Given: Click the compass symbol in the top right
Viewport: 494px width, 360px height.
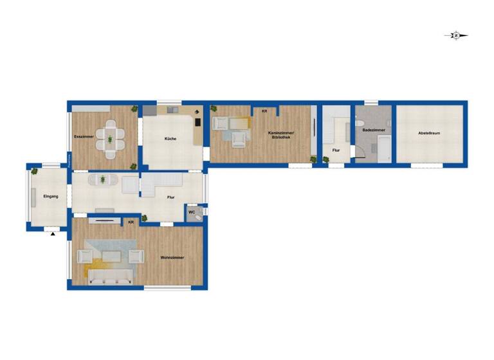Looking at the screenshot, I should point(455,36).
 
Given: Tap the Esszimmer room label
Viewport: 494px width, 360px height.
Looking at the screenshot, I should point(84,137).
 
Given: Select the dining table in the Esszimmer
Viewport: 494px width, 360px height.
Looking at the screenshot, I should point(111,139).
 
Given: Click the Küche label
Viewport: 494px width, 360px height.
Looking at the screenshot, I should point(170,139).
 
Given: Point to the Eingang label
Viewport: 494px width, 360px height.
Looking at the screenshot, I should point(51,196).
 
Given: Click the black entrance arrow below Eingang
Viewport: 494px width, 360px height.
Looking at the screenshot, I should point(53,235).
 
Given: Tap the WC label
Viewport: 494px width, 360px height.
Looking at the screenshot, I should point(192,212).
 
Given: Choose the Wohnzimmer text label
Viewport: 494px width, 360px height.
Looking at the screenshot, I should point(172,258).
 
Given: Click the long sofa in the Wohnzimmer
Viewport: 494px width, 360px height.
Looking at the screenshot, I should point(111,276).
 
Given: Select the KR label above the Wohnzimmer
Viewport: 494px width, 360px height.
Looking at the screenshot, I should point(131,222).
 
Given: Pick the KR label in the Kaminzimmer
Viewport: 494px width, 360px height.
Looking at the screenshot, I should point(264,111).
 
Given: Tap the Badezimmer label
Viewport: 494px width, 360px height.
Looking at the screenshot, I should point(374,130).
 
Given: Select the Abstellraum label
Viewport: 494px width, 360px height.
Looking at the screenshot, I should point(429,133).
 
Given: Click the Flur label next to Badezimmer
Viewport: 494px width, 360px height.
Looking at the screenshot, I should point(336,150).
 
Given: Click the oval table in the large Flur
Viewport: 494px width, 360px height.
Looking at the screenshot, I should point(104,180).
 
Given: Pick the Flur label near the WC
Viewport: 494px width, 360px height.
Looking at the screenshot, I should point(171,198).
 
